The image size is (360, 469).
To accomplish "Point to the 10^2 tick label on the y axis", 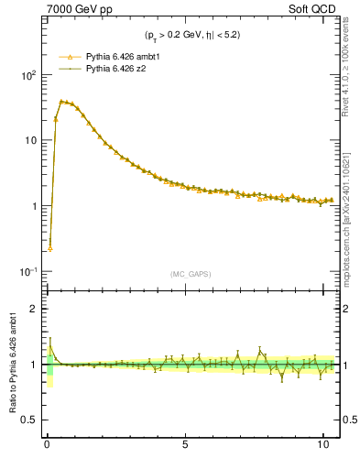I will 29,76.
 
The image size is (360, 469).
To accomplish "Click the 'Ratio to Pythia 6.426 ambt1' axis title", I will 14,365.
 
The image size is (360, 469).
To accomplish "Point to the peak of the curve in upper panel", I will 61,101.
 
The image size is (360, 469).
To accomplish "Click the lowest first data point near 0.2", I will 49,248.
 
